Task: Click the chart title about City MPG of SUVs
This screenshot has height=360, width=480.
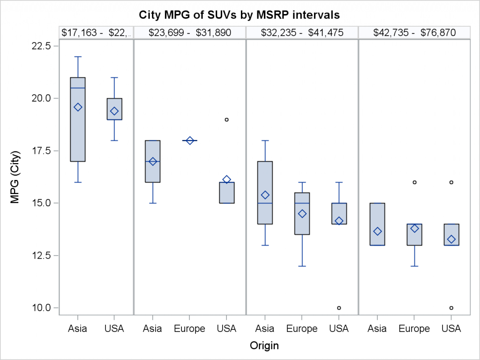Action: (240, 15)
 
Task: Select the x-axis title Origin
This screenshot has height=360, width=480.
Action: (264, 346)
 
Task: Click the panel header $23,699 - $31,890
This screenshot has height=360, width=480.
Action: (189, 32)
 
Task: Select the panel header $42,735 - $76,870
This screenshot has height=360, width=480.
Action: (414, 32)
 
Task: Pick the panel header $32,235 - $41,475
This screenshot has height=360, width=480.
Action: (302, 32)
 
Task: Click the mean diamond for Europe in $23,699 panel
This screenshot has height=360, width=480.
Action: (189, 141)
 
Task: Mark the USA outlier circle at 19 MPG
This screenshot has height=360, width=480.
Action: (226, 120)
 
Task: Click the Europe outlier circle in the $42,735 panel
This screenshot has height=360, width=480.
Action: (414, 182)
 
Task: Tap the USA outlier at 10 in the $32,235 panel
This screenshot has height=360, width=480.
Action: (339, 308)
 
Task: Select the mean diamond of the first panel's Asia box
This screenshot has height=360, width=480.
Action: (78, 107)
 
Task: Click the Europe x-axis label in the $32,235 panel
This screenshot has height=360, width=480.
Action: (302, 329)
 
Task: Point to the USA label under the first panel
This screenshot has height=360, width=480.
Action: (114, 329)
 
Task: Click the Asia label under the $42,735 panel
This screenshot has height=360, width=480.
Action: (377, 329)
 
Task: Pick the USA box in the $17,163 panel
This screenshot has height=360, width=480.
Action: (114, 109)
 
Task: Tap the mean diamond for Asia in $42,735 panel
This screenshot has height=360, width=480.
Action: (377, 232)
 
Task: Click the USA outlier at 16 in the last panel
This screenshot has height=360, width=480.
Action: (451, 182)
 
